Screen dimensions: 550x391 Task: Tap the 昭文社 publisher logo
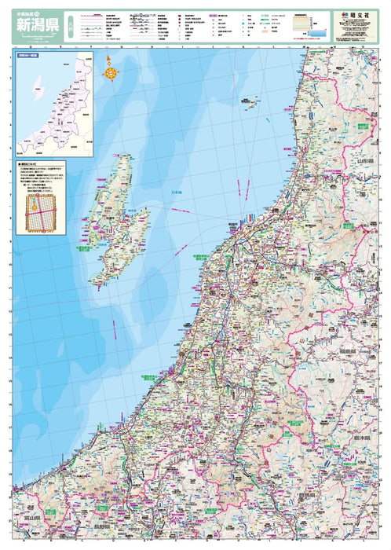click(x=351, y=14)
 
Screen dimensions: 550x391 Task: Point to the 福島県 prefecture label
click(x=348, y=351)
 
